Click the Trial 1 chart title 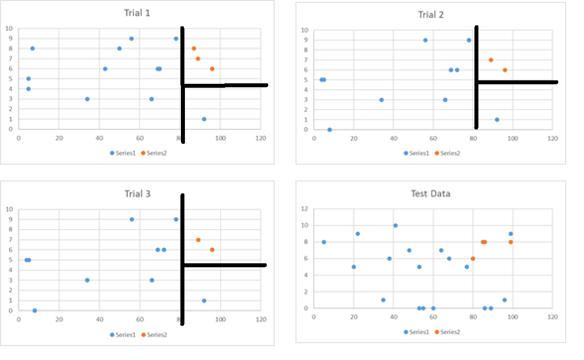[x=137, y=13]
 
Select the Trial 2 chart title [x=430, y=15]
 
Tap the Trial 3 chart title [x=137, y=193]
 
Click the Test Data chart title [x=430, y=193]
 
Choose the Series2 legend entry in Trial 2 [x=448, y=153]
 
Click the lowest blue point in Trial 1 [x=204, y=119]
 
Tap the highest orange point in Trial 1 [x=194, y=49]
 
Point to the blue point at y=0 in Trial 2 [x=330, y=129]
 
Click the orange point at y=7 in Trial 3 [x=198, y=240]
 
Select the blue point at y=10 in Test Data [x=395, y=226]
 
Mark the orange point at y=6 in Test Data [x=473, y=258]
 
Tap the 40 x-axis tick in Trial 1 [x=99, y=138]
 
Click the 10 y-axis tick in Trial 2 [x=305, y=30]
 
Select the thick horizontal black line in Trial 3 [x=226, y=265]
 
